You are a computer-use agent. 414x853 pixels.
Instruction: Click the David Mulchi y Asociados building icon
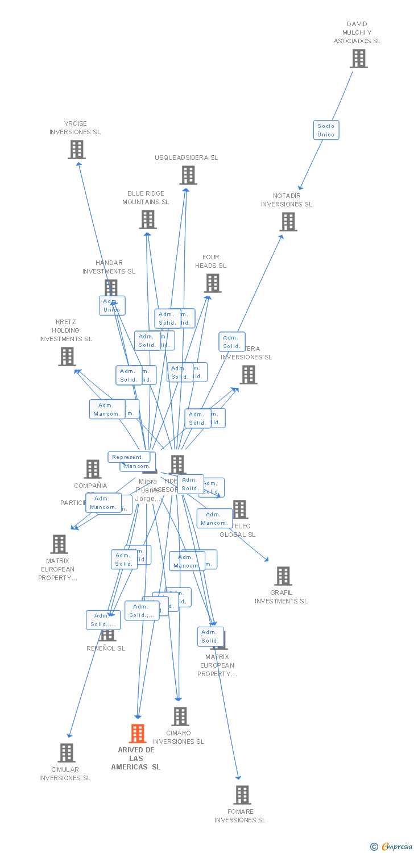[x=358, y=59]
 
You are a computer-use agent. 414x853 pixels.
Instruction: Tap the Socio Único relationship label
[x=326, y=130]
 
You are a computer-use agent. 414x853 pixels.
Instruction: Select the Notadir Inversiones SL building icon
[x=288, y=222]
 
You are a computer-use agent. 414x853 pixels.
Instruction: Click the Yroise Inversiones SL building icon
[x=76, y=150]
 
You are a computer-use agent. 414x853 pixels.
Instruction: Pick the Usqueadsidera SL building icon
[x=188, y=175]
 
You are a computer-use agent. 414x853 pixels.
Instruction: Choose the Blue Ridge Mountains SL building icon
[x=148, y=220]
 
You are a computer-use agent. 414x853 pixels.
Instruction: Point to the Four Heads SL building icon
[x=213, y=283]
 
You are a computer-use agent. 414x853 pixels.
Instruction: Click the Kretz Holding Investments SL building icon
[x=67, y=357]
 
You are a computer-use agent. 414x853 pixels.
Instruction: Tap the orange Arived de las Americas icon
[x=137, y=734]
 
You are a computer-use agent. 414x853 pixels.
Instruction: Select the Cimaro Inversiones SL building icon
[x=180, y=717]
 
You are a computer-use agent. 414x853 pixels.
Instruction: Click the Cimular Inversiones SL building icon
[x=67, y=753]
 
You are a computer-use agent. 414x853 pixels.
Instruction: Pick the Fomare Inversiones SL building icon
[x=242, y=795]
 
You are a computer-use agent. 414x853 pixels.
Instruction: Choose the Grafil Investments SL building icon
[x=283, y=576]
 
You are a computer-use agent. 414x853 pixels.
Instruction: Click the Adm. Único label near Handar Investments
[x=112, y=305]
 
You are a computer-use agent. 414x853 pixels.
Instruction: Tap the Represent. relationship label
[x=129, y=457]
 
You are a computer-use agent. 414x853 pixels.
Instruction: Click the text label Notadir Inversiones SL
[x=287, y=200]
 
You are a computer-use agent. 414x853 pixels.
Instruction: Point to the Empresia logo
[x=392, y=847]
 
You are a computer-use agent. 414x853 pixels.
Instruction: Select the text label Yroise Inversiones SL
[x=75, y=128]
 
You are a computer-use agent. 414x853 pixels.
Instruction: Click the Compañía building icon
[x=92, y=469]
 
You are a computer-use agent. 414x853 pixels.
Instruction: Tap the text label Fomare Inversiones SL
[x=240, y=816]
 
